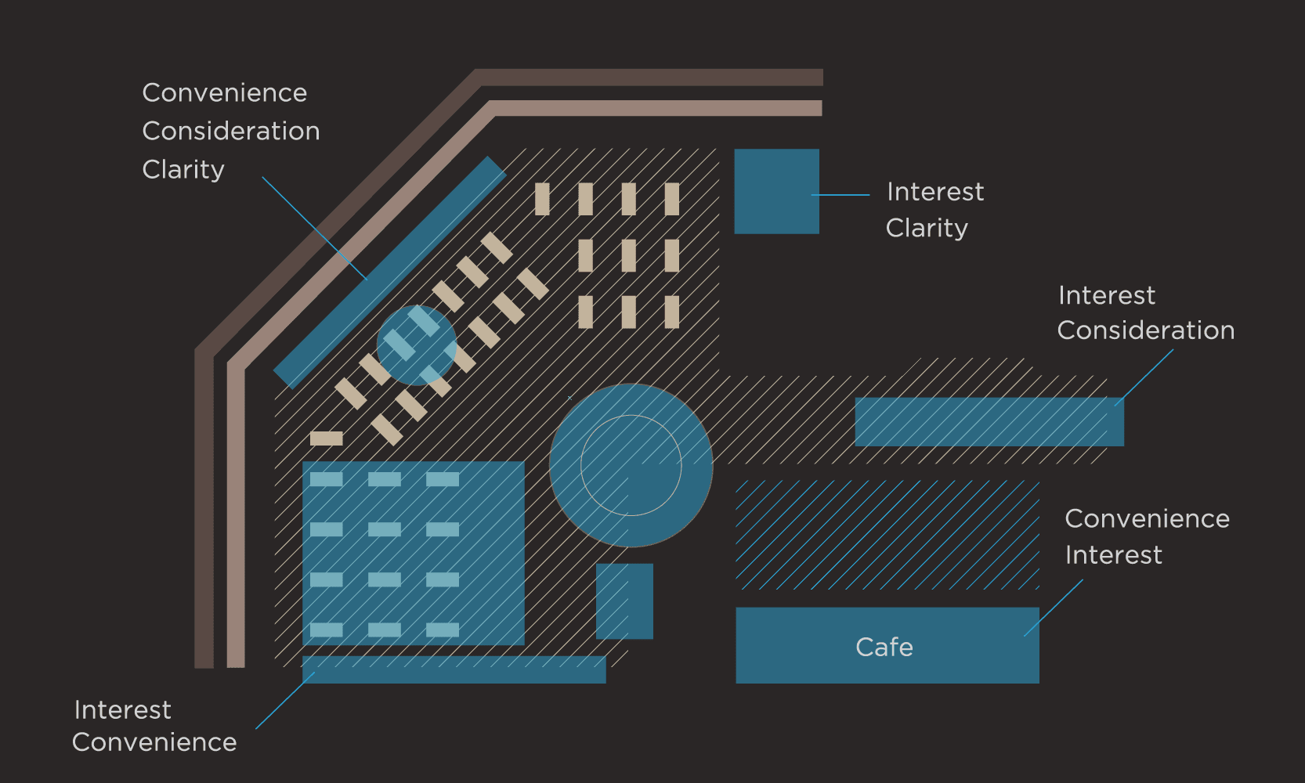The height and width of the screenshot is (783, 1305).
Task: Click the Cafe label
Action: tap(884, 647)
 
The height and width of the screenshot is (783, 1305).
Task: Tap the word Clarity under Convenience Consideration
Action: tap(183, 170)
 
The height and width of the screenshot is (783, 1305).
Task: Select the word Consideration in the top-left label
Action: tap(231, 131)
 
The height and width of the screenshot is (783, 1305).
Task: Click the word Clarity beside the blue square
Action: tap(927, 228)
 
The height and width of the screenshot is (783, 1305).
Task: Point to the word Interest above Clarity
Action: tap(935, 192)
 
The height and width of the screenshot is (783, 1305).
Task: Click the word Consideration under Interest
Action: tap(1145, 330)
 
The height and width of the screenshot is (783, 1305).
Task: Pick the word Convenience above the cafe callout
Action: tap(1147, 518)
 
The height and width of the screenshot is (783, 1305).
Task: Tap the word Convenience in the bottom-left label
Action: tap(154, 742)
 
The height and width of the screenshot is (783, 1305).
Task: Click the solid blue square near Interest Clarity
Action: tap(776, 192)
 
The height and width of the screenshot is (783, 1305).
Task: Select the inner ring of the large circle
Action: tap(631, 416)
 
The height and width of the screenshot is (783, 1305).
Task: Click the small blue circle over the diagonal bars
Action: tap(417, 345)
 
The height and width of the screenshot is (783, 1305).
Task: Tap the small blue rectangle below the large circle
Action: tap(624, 601)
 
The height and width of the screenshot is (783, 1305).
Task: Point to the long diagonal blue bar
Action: tap(390, 272)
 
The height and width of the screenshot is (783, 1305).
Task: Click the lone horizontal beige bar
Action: tap(326, 438)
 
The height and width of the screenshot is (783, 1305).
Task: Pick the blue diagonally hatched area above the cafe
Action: tap(887, 535)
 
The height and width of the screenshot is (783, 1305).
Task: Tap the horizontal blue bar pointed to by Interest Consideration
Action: tap(989, 422)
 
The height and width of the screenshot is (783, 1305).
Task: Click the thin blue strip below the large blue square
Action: tap(454, 669)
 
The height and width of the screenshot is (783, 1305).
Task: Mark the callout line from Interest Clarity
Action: tap(840, 195)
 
